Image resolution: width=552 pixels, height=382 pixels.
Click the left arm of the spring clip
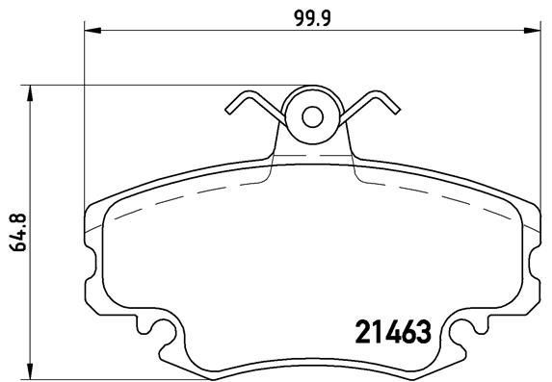pyautogui.click(x=253, y=108)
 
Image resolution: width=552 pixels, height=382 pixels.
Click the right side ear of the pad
pyautogui.click(x=533, y=250)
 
